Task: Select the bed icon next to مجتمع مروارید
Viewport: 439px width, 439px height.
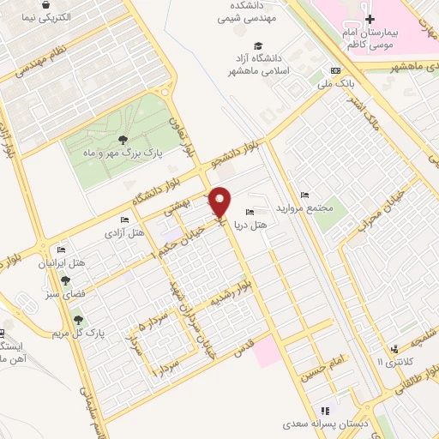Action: (x=294, y=195)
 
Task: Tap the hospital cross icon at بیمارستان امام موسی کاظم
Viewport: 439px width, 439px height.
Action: (x=370, y=19)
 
